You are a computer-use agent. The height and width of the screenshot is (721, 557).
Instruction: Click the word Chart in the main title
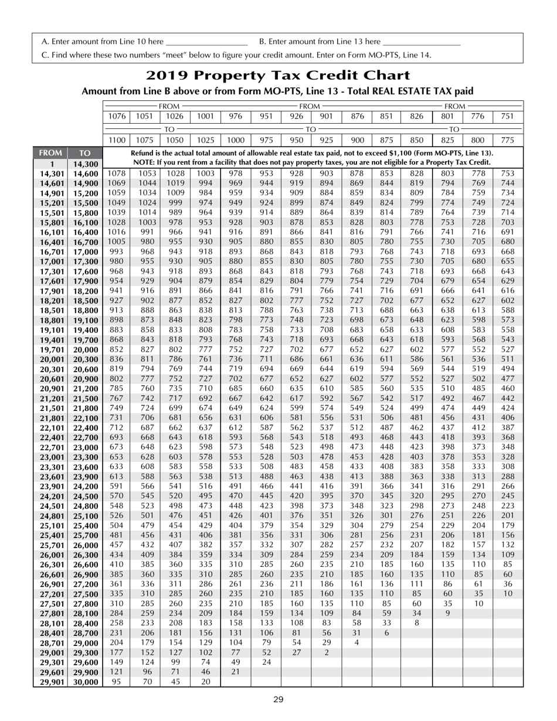click(379, 76)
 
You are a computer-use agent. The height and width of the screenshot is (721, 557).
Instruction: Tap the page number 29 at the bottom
click(278, 699)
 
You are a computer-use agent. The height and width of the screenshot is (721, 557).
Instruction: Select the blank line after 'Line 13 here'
click(420, 42)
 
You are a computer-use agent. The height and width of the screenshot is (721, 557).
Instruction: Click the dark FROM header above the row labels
click(52, 153)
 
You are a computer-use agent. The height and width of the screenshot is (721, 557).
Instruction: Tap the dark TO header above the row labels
click(85, 153)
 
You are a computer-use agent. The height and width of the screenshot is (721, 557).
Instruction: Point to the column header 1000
click(236, 140)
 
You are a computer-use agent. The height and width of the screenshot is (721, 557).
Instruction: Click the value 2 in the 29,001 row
click(327, 652)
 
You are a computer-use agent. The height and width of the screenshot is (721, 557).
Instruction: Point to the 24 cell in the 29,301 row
click(266, 662)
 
